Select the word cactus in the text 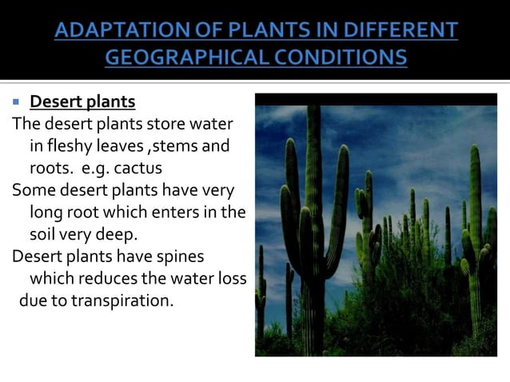(139, 169)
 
